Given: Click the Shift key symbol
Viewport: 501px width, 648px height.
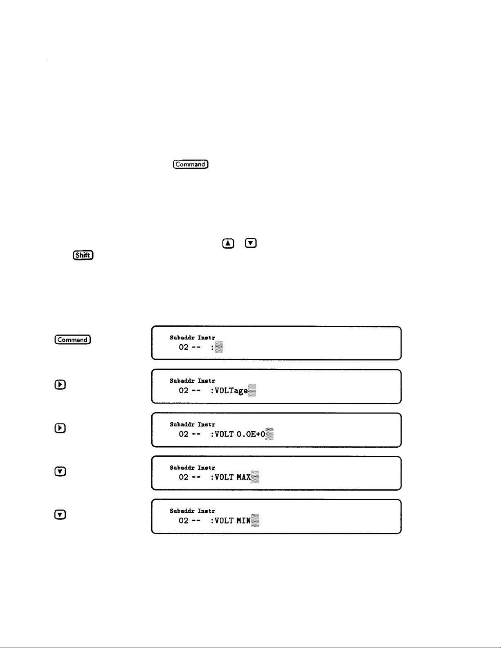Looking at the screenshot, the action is tap(83, 255).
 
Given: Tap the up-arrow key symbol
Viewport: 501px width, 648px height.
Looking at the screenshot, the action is tap(228, 243).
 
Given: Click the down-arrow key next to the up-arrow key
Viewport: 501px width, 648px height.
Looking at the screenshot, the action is tap(251, 243).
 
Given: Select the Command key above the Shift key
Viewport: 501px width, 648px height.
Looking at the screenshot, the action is tap(191, 164).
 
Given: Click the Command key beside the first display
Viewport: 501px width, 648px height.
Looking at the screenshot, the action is tap(73, 340).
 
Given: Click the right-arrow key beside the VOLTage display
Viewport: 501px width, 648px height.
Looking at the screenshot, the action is tap(60, 385).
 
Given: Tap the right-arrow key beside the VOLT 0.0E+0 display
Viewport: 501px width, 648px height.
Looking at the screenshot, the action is tap(60, 428).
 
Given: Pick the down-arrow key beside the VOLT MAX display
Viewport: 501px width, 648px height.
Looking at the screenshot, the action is tap(60, 471).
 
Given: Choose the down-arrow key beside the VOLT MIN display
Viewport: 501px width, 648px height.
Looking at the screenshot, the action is tap(60, 515).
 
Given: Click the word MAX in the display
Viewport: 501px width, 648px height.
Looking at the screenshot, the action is tap(244, 478).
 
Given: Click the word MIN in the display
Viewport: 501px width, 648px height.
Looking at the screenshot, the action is tap(244, 521).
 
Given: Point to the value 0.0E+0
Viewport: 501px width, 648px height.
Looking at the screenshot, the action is tap(251, 434).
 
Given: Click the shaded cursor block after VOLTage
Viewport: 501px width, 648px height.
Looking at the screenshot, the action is tap(252, 390).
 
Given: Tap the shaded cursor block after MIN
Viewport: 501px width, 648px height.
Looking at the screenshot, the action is tap(255, 520).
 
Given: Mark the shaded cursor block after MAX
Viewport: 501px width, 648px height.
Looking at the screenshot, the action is tap(255, 477).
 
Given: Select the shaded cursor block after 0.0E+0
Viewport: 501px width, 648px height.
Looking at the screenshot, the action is tap(269, 434).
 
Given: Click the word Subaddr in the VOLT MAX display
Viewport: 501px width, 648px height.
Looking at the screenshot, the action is tap(182, 468).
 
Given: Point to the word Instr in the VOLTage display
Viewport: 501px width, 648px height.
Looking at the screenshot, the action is tap(207, 381).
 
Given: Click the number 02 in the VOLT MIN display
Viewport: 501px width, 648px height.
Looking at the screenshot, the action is tap(184, 521).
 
